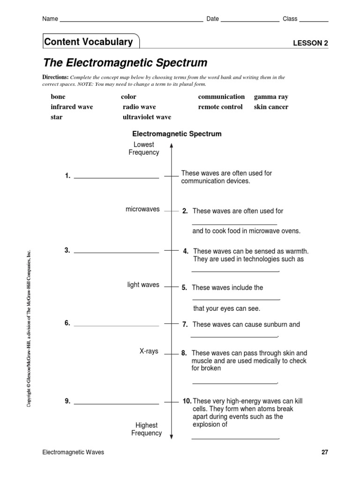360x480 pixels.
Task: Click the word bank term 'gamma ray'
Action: tap(271, 97)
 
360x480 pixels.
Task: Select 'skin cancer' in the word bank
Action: tap(271, 107)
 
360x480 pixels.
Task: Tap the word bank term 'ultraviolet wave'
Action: tap(147, 117)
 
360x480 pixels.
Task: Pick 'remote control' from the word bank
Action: tap(220, 107)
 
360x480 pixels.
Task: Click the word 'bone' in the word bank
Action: tap(58, 97)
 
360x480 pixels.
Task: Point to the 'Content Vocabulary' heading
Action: tap(89, 42)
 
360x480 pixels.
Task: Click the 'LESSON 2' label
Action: tap(310, 43)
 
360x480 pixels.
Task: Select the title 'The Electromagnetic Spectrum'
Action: tap(125, 63)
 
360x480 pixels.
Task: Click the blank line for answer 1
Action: tap(116, 178)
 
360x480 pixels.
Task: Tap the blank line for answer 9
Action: tap(116, 403)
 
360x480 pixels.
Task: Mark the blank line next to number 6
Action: tap(116, 325)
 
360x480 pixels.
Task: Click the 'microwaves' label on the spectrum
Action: tap(142, 209)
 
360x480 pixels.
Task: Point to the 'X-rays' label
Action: tap(149, 351)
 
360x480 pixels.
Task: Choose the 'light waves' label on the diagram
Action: tap(143, 285)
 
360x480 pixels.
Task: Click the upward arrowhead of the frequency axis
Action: tap(172, 146)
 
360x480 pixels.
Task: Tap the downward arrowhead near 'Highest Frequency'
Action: tap(172, 436)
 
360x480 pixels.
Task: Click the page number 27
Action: tap(324, 452)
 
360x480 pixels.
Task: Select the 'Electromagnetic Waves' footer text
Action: tap(73, 452)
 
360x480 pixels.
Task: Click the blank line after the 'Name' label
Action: tap(131, 21)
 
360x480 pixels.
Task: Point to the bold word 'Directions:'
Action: tap(56, 77)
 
